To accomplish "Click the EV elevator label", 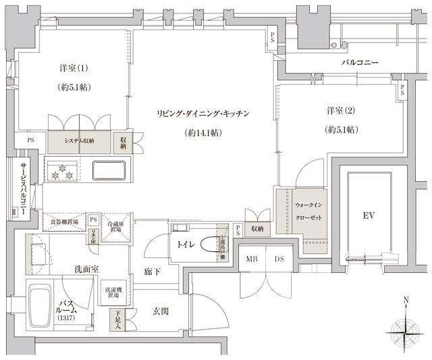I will (x=369, y=215).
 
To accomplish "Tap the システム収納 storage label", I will (x=79, y=140).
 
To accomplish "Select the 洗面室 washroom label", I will (x=86, y=269).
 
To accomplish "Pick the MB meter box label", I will (x=251, y=259).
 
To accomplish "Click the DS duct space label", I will (x=279, y=259).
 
